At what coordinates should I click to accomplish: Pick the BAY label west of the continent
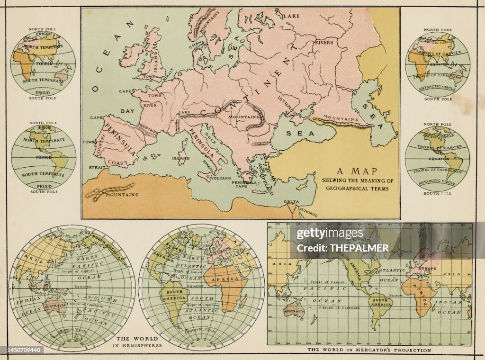(127, 111)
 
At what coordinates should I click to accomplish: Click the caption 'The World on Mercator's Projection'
(369, 351)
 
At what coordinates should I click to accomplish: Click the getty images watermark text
(330, 233)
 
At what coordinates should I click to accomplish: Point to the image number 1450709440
(23, 350)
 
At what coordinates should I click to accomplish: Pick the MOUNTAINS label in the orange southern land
(122, 195)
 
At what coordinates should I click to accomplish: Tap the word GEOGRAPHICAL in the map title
(358, 189)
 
